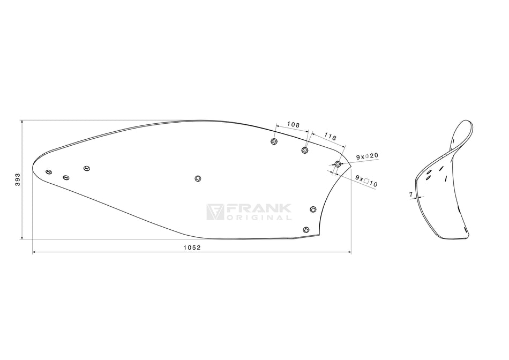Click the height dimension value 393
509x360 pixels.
(x=18, y=180)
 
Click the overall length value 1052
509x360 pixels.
(x=192, y=247)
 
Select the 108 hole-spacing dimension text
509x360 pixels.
(x=293, y=124)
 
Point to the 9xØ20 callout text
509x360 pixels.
(x=368, y=156)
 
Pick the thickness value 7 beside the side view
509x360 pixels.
(x=411, y=195)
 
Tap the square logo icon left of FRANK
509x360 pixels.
(x=215, y=211)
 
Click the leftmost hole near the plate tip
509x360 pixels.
(x=49, y=171)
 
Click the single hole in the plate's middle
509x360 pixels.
(x=198, y=178)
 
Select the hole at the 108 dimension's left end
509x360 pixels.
(x=274, y=141)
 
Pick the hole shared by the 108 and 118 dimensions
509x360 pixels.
(x=305, y=150)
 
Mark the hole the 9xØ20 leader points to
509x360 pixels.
(x=338, y=163)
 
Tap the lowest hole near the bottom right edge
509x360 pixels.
(x=306, y=230)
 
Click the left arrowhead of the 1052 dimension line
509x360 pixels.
(x=34, y=251)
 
